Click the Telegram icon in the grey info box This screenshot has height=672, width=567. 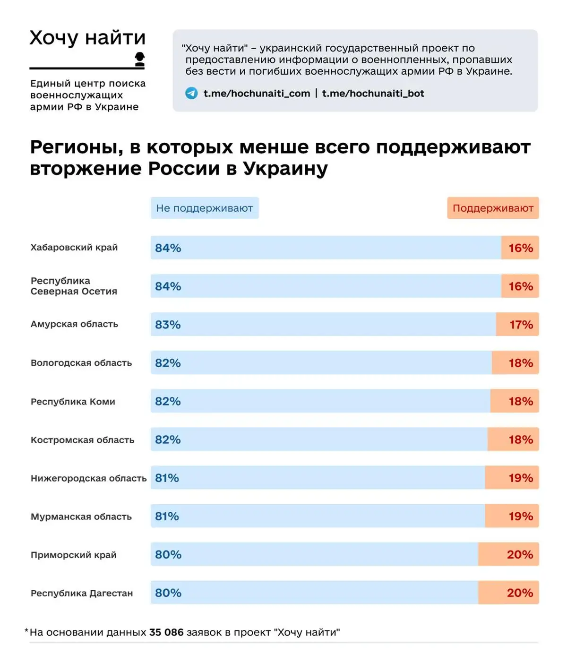pyautogui.click(x=191, y=93)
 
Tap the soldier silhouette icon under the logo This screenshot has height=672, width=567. pyautogui.click(x=139, y=59)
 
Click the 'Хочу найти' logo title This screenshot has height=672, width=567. pyautogui.click(x=87, y=38)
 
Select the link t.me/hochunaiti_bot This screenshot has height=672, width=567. pyautogui.click(x=373, y=94)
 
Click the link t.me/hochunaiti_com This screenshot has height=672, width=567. pyautogui.click(x=257, y=94)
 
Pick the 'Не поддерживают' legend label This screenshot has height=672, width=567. pyautogui.click(x=205, y=208)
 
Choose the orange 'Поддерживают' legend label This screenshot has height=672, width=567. pyautogui.click(x=493, y=208)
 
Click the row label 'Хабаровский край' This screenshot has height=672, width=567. pyautogui.click(x=74, y=248)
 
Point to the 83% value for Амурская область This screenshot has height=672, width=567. pyautogui.click(x=168, y=325)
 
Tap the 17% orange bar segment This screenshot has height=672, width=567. pyautogui.click(x=518, y=325)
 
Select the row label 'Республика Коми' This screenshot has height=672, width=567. pyautogui.click(x=73, y=402)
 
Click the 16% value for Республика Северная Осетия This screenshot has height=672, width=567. pyautogui.click(x=521, y=286)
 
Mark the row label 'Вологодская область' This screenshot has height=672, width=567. pyautogui.click(x=81, y=363)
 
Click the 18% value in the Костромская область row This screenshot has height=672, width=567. pyautogui.click(x=521, y=440)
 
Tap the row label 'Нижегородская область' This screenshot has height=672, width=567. pyautogui.click(x=88, y=478)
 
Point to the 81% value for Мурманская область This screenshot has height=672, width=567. pyautogui.click(x=167, y=517)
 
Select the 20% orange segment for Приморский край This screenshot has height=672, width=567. pyautogui.click(x=509, y=555)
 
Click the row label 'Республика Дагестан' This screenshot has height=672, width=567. pyautogui.click(x=82, y=593)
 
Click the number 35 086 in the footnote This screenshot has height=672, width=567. pyautogui.click(x=166, y=632)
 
